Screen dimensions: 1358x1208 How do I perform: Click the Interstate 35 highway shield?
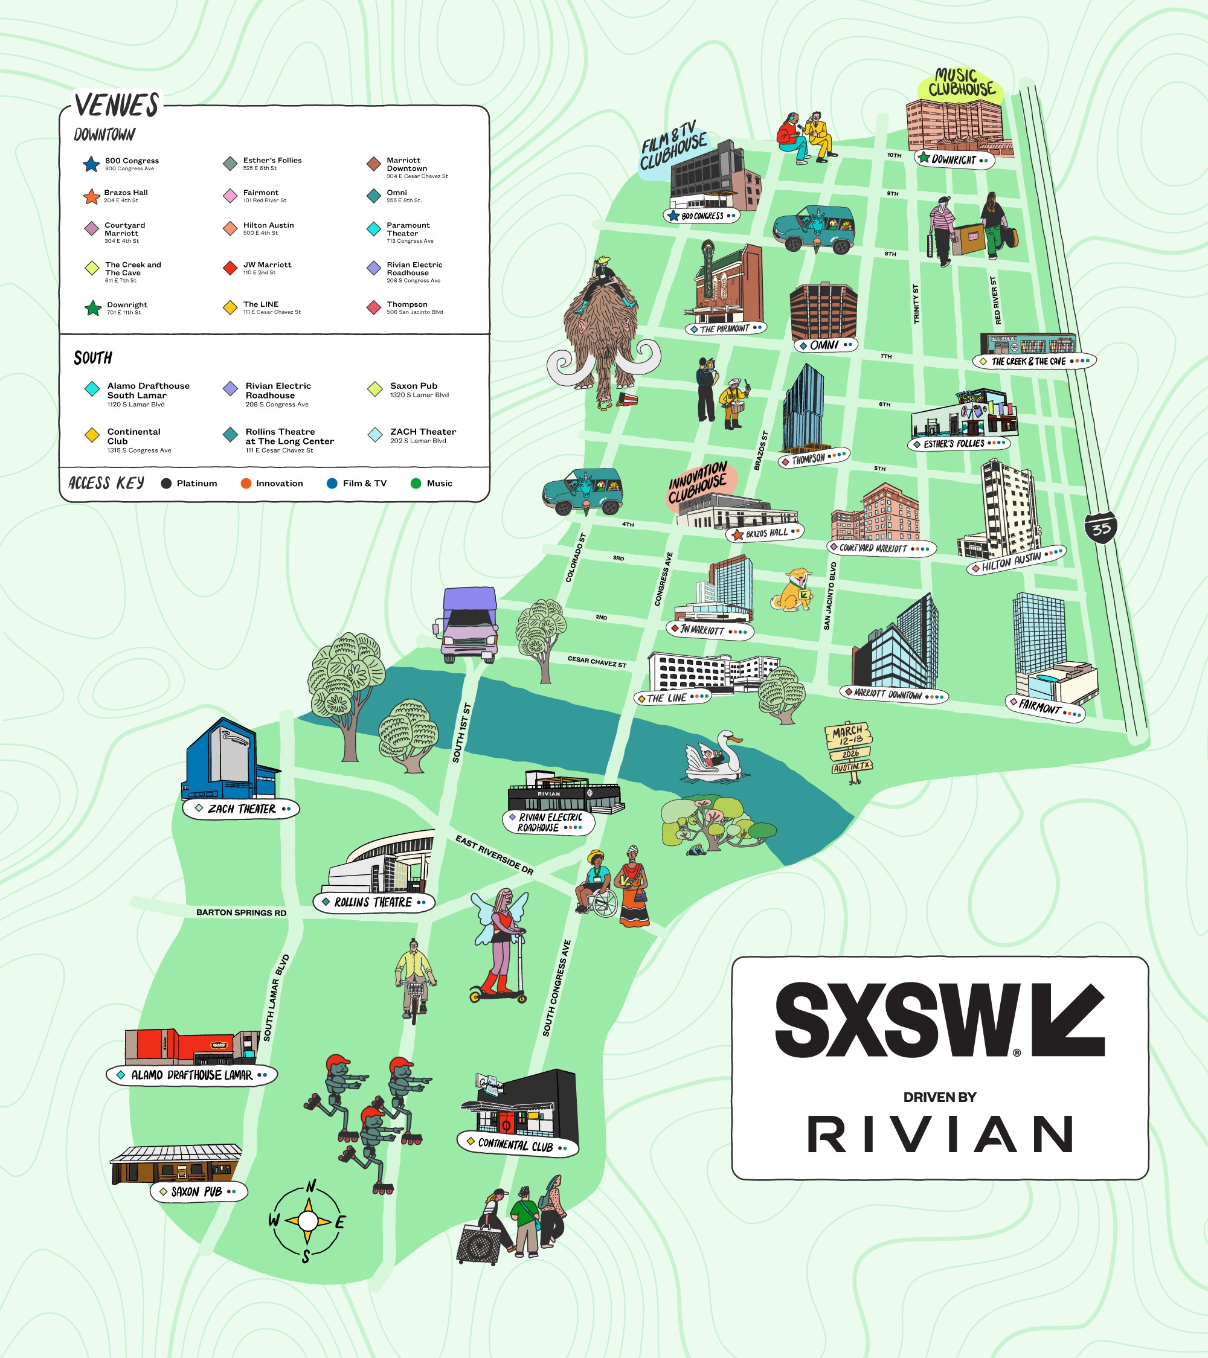1101,528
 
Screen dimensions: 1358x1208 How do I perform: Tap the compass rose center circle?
307,1220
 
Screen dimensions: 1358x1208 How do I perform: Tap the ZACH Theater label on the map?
241,809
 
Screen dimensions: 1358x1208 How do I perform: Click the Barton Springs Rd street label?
241,912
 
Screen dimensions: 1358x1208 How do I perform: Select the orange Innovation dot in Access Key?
246,483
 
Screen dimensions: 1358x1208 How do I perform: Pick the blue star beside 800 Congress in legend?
91,164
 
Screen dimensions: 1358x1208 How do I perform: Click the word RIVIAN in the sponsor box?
940,1134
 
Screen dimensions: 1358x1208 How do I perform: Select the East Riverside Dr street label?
493,855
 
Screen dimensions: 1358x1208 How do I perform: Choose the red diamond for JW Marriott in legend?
230,267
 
